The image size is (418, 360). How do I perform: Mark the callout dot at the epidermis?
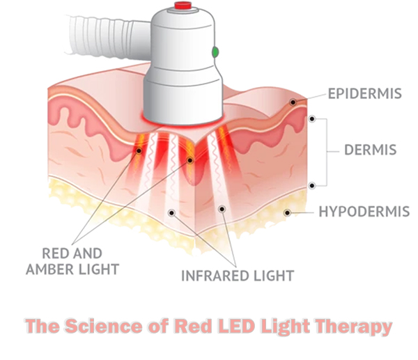point(294,102)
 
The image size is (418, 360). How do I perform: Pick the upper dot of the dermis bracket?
point(313,119)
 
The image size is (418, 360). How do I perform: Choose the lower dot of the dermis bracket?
point(313,185)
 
